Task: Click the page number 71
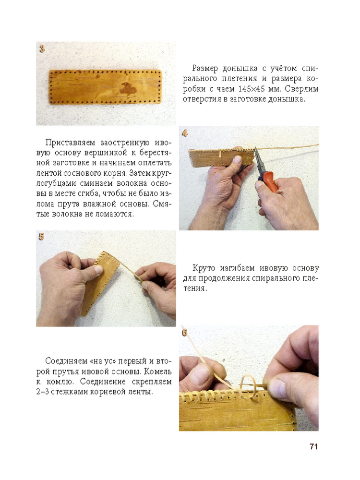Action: (x=314, y=446)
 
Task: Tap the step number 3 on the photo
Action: (x=42, y=48)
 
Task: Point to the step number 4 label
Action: (x=185, y=133)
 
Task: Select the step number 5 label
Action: (x=41, y=236)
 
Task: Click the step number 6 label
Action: (x=184, y=333)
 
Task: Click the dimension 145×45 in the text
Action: (x=253, y=89)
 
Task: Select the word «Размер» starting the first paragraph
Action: (x=205, y=68)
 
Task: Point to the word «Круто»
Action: (x=204, y=268)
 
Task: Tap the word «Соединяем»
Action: (x=66, y=361)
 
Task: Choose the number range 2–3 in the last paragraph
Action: (x=42, y=392)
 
